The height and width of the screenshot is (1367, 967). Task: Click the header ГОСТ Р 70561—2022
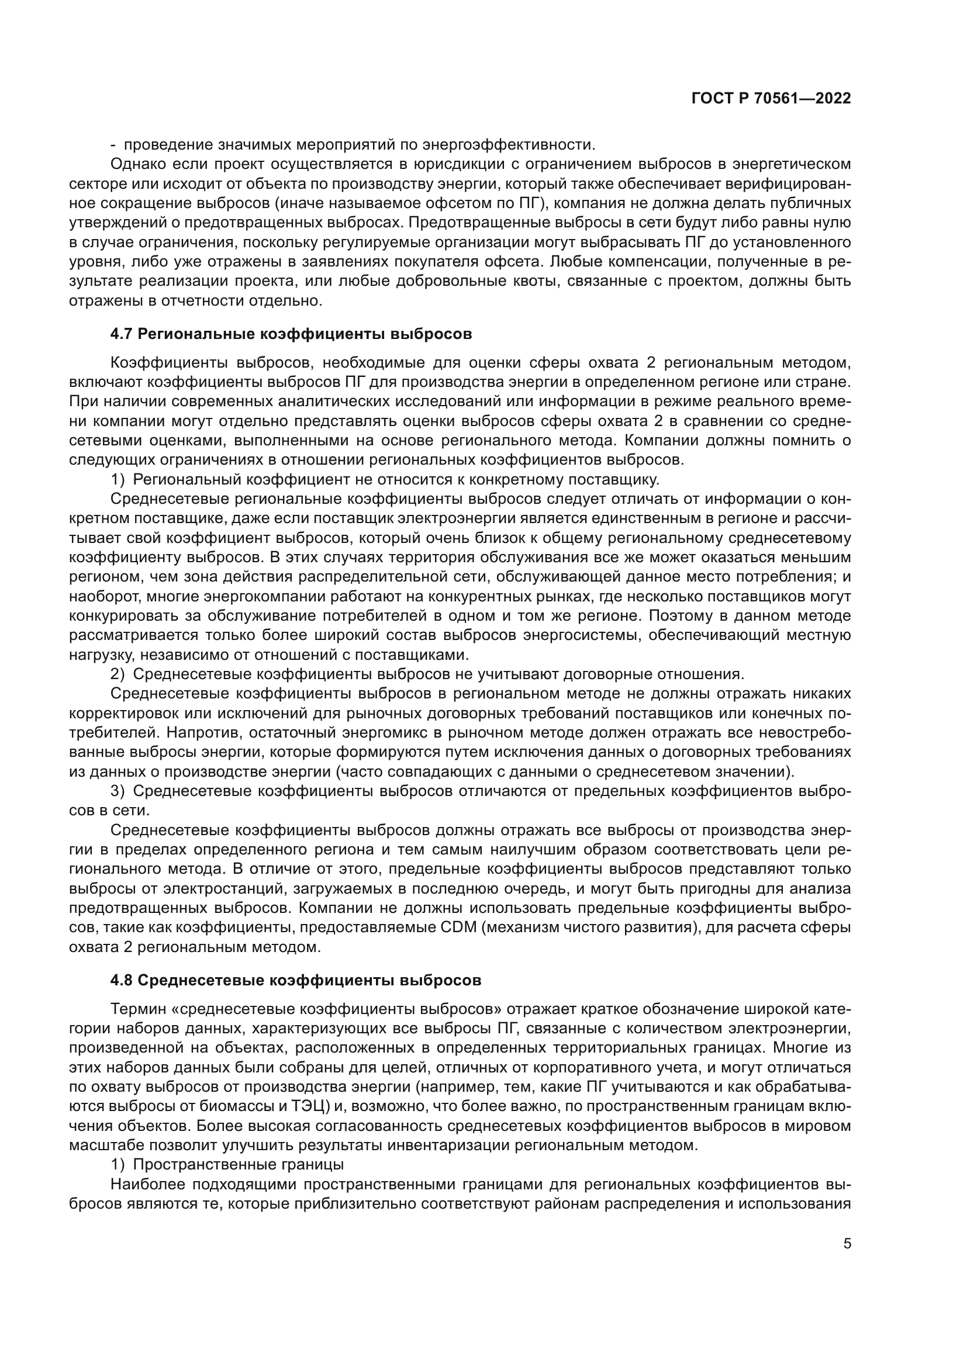point(771,99)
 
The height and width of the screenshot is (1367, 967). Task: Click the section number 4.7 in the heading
point(122,334)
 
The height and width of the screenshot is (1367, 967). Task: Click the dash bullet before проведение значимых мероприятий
point(113,145)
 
